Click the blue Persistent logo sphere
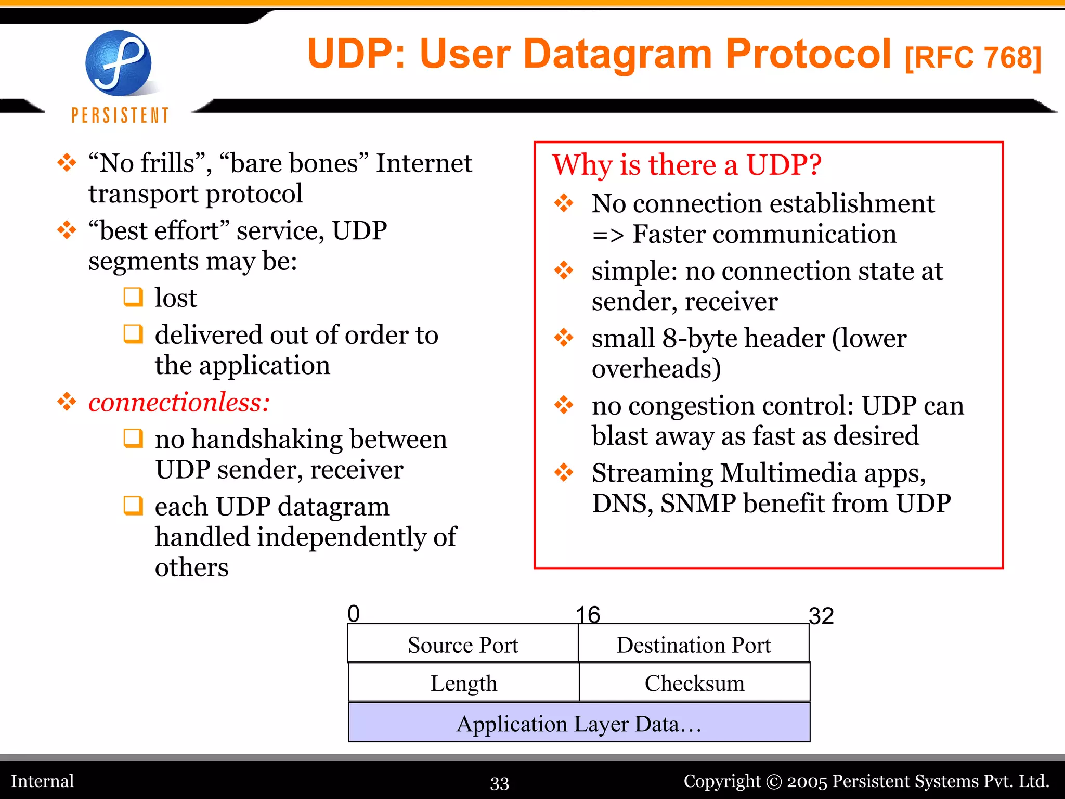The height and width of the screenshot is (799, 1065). [119, 63]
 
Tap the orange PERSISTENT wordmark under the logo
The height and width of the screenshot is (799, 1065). [120, 115]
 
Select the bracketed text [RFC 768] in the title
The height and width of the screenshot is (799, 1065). [972, 58]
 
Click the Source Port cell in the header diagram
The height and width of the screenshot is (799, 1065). [463, 645]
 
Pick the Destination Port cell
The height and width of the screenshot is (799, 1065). [693, 645]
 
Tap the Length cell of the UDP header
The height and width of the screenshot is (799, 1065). [463, 683]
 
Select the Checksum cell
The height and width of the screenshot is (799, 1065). [694, 683]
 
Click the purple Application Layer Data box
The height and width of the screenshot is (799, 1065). [579, 724]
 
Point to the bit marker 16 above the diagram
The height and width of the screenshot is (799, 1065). [588, 615]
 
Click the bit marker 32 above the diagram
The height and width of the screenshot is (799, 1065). [821, 616]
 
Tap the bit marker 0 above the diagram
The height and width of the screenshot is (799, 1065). [354, 614]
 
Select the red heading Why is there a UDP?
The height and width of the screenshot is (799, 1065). [686, 165]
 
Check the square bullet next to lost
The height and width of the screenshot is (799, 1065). [133, 297]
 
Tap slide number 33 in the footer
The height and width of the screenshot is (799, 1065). [499, 783]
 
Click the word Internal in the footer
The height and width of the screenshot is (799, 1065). [43, 781]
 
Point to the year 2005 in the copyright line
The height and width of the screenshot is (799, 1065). [807, 781]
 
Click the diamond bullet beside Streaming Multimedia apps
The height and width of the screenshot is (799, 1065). [564, 472]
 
